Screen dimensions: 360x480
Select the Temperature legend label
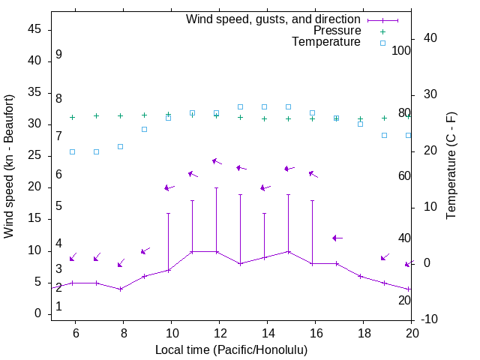tap(326, 43)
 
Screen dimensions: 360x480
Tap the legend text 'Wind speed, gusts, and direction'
tap(274, 19)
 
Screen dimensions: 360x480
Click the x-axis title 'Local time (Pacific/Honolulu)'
tap(231, 349)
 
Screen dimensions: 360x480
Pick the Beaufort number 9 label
tap(58, 55)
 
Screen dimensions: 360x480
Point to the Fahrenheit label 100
tap(401, 50)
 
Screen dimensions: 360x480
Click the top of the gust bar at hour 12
tap(216, 187)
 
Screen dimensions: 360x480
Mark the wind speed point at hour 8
tap(120, 289)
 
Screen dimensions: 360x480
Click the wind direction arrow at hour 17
tap(337, 238)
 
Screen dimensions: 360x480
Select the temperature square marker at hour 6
tap(72, 151)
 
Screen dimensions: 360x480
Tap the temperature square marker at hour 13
tap(240, 106)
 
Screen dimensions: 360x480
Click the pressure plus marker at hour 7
tap(96, 115)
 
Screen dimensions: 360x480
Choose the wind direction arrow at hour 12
tap(217, 160)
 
